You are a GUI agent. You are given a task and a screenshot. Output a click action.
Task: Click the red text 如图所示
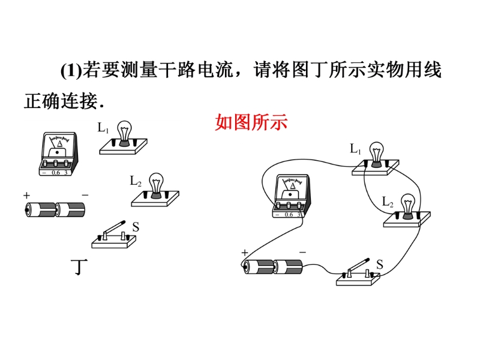pyautogui.click(x=251, y=123)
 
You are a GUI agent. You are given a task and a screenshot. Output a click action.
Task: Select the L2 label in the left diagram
pyautogui.click(x=135, y=180)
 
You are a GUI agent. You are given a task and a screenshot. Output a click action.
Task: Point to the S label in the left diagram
pyautogui.click(x=136, y=227)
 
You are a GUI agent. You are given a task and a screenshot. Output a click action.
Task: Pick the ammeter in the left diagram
pyautogui.click(x=56, y=155)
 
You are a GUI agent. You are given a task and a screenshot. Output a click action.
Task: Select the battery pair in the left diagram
pyautogui.click(x=55, y=209)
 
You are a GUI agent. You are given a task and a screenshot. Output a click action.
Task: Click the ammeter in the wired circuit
pyautogui.click(x=291, y=196)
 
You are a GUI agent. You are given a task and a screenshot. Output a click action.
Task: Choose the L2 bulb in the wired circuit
pyautogui.click(x=409, y=207)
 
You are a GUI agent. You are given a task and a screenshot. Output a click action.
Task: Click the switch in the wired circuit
pyautogui.click(x=358, y=272)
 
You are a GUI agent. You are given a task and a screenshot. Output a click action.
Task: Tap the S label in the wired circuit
pyautogui.click(x=380, y=264)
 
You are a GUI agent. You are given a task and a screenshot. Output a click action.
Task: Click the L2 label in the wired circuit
pyautogui.click(x=387, y=202)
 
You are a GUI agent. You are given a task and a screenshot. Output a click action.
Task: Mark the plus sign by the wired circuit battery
pyautogui.click(x=245, y=253)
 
